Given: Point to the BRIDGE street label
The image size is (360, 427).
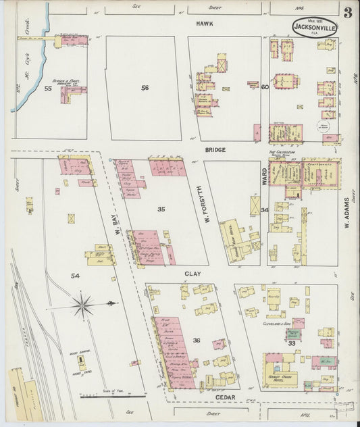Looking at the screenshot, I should tap(215, 149).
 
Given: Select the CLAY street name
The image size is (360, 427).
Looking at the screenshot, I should tap(189, 274).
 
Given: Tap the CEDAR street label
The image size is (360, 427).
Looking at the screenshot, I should tap(225, 397).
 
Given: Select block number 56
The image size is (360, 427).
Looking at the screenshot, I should tap(145, 88).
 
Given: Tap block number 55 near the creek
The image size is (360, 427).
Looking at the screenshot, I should tap(47, 89).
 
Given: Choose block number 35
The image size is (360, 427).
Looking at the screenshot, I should tap(161, 209).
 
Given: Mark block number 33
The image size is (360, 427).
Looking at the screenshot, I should tap(292, 343).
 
